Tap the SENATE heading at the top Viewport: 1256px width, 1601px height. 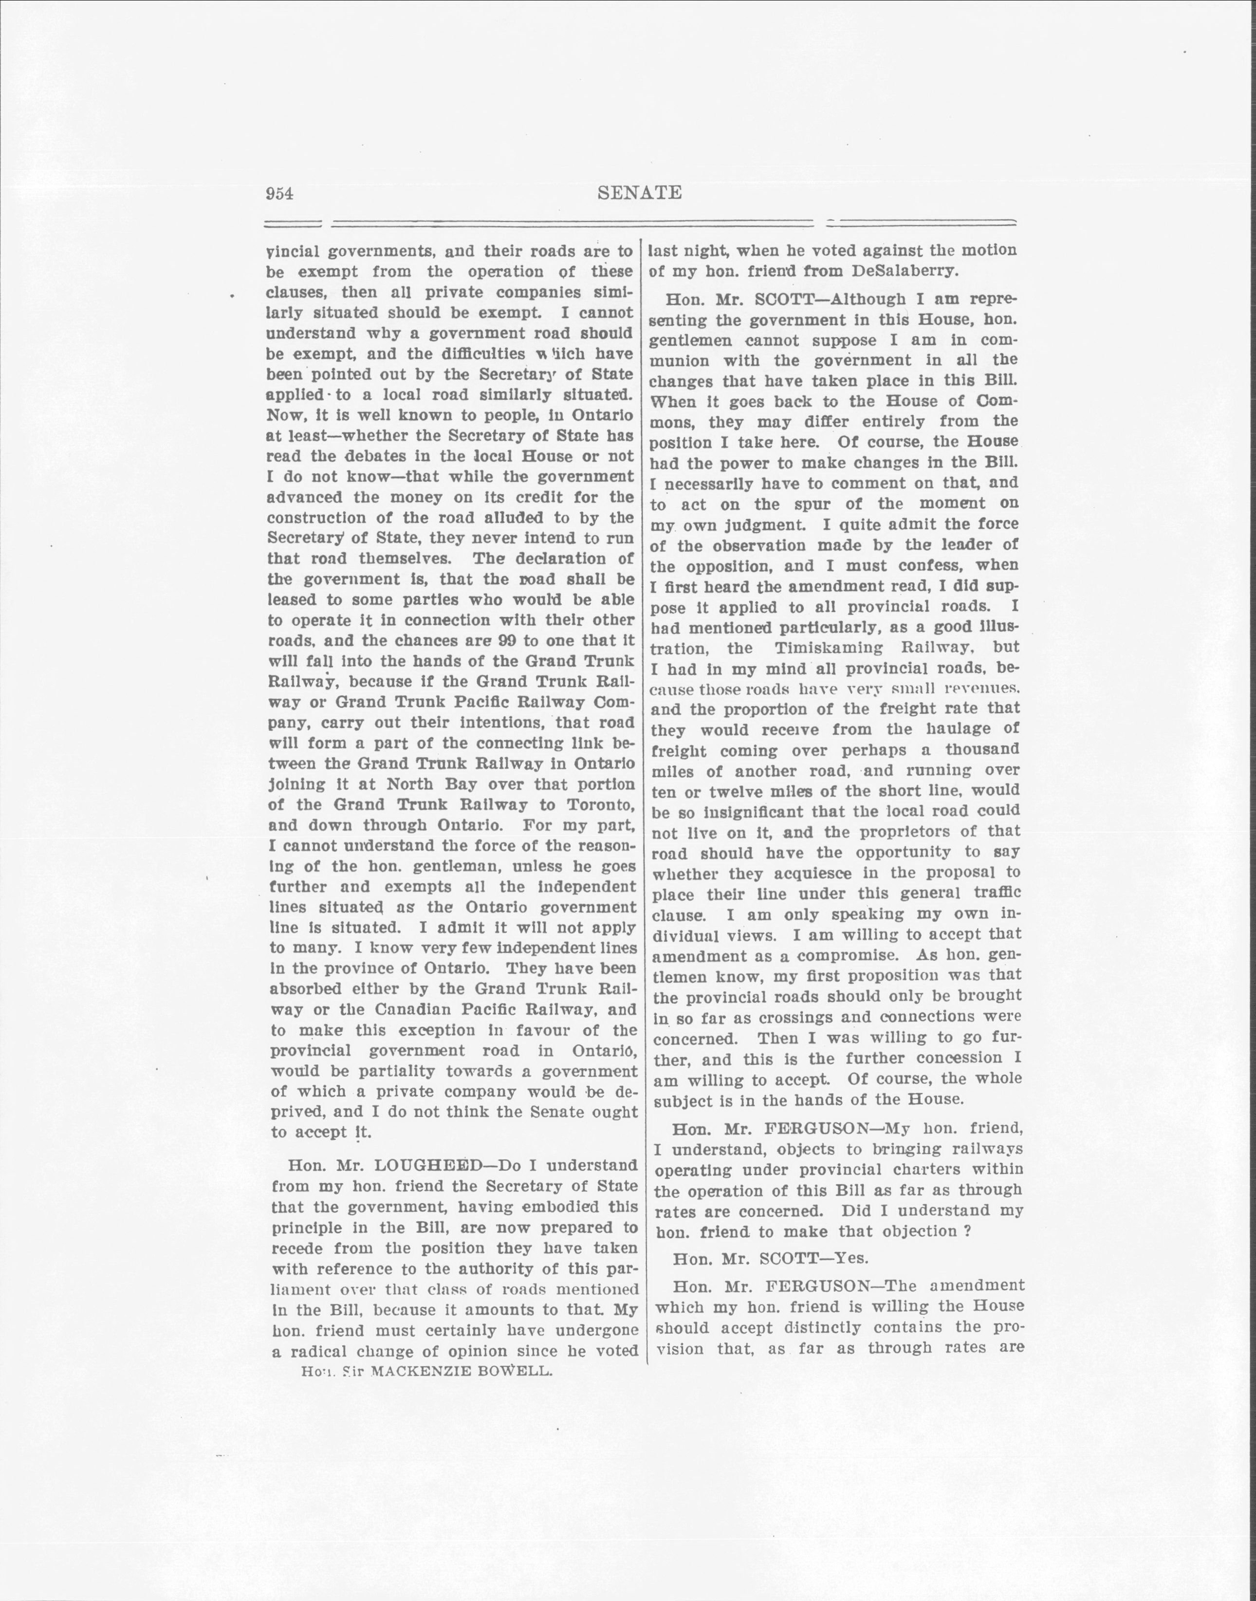639,193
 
